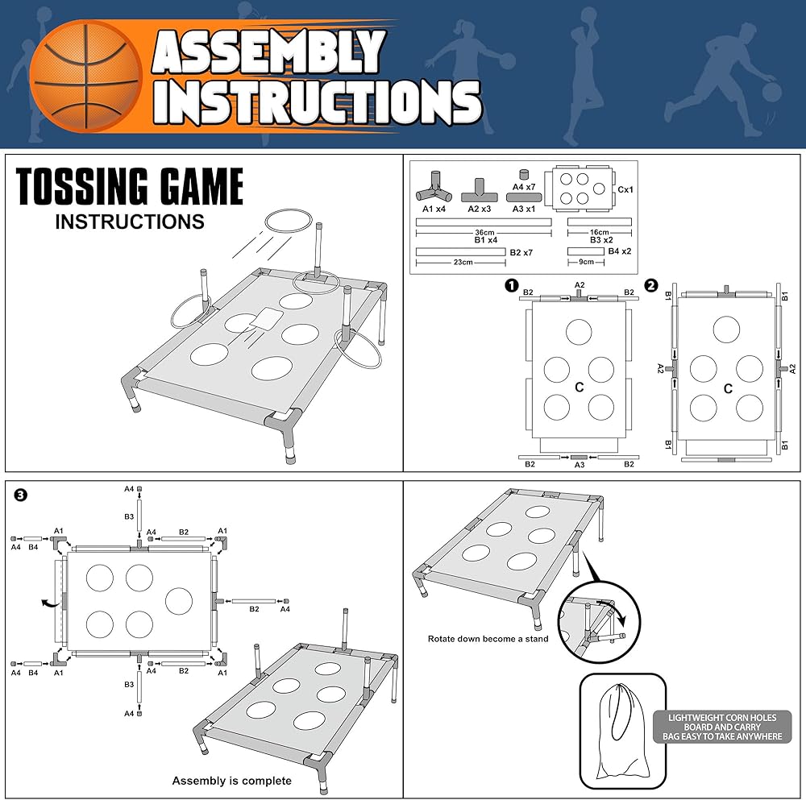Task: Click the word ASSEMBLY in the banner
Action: click(x=269, y=55)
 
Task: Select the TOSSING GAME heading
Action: click(x=130, y=187)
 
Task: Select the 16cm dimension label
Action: click(x=599, y=232)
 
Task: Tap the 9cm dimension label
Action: click(x=586, y=262)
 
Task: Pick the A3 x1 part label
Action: click(x=524, y=209)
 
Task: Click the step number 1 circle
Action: click(x=509, y=285)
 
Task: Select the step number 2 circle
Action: click(x=651, y=285)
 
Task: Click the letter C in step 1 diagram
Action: click(x=580, y=388)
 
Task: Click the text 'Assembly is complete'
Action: click(x=231, y=780)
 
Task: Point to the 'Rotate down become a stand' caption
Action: click(x=488, y=639)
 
